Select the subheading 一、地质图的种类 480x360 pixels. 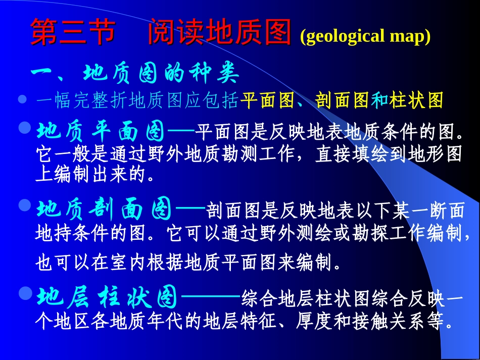[134, 75]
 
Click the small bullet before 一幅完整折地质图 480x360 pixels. [22, 100]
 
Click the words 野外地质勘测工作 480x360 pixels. [218, 155]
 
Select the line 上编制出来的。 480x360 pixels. [95, 175]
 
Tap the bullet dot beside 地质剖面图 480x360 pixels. [25, 205]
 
